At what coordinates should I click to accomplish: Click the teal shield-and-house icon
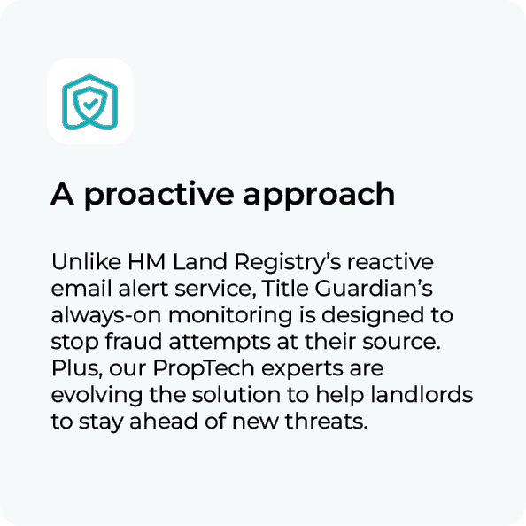point(90,102)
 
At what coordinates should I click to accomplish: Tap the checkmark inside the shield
point(90,104)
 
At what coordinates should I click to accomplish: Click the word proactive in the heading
point(159,194)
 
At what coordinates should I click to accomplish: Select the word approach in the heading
point(319,196)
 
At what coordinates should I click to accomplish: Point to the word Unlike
point(86,261)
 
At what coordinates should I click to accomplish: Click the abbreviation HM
point(147,262)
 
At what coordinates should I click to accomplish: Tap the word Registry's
point(288,263)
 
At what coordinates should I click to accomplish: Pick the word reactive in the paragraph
point(391,262)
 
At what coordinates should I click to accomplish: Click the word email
point(81,289)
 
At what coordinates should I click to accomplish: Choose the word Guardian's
point(374,288)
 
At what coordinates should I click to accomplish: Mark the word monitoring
point(230,316)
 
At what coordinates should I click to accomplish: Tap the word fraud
point(134,342)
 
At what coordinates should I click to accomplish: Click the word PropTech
point(204,368)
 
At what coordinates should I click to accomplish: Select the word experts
point(302,369)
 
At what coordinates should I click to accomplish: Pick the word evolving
point(97,396)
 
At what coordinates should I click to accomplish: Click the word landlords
point(422,395)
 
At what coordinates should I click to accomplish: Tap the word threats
point(327,421)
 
